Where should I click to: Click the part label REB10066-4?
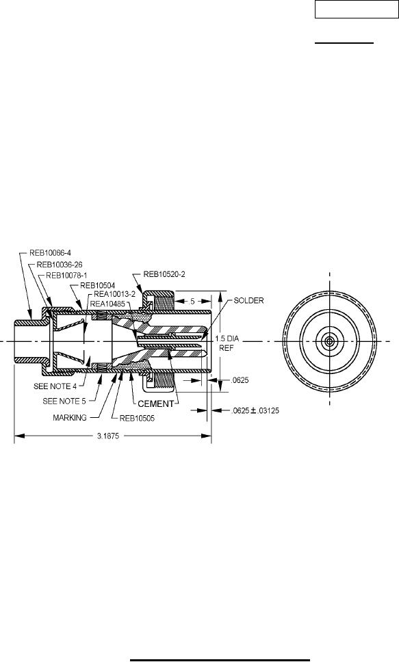50,253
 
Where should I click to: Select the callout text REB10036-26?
60,265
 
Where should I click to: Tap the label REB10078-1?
66,276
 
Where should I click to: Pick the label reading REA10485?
108,302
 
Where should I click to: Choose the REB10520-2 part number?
164,274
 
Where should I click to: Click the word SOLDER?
248,301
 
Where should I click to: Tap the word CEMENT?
156,403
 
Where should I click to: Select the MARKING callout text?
70,418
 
